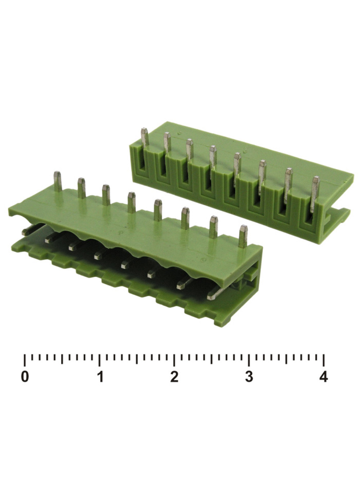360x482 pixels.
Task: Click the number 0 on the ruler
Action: tap(25, 377)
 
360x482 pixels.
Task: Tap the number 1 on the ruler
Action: tap(101, 377)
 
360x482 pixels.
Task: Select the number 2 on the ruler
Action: tap(174, 377)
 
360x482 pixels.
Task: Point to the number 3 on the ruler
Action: tap(249, 377)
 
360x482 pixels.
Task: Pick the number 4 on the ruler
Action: tap(324, 377)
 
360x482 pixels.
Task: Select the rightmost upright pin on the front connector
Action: tap(243, 236)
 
